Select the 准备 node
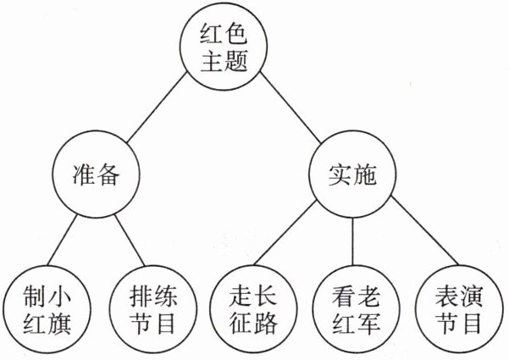pyautogui.click(x=94, y=176)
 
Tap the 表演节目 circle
pyautogui.click(x=458, y=310)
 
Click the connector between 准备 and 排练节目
pyautogui.click(x=126, y=243)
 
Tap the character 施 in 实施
pyautogui.click(x=362, y=176)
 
